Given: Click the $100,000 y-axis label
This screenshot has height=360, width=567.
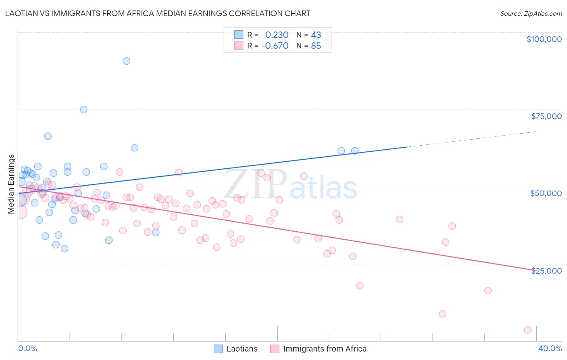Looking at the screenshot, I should point(544,39).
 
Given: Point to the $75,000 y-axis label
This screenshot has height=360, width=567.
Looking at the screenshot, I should point(546,116).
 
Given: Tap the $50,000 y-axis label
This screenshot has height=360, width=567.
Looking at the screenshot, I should point(546,193).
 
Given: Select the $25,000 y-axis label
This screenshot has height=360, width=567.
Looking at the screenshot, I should point(546,271).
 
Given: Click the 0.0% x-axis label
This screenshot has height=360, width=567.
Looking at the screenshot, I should point(27,348).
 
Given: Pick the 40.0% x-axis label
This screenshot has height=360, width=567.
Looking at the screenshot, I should point(550,348).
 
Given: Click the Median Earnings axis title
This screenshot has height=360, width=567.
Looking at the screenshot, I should point(11,184).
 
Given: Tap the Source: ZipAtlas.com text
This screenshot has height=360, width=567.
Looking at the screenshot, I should point(531,14).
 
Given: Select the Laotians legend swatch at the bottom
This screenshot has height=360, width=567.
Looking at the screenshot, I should point(218,349).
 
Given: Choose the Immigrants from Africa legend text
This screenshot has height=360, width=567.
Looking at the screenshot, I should point(325,349).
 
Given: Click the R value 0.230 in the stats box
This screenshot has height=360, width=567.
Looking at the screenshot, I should point(277,35).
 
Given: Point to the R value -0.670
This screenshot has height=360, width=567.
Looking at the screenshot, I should point(275,46).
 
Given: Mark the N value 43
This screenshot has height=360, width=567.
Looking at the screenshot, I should point(316,35).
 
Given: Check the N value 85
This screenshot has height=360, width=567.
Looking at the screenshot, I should point(316,46).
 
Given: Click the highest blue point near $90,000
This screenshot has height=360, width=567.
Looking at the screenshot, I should point(127,61).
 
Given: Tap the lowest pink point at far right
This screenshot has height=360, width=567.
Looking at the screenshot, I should point(527,330).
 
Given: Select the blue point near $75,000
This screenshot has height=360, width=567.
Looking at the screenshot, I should point(83,109).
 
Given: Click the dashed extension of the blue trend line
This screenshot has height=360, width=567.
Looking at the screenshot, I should point(472,139).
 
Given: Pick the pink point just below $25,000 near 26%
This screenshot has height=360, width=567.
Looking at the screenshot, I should point(360,285).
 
